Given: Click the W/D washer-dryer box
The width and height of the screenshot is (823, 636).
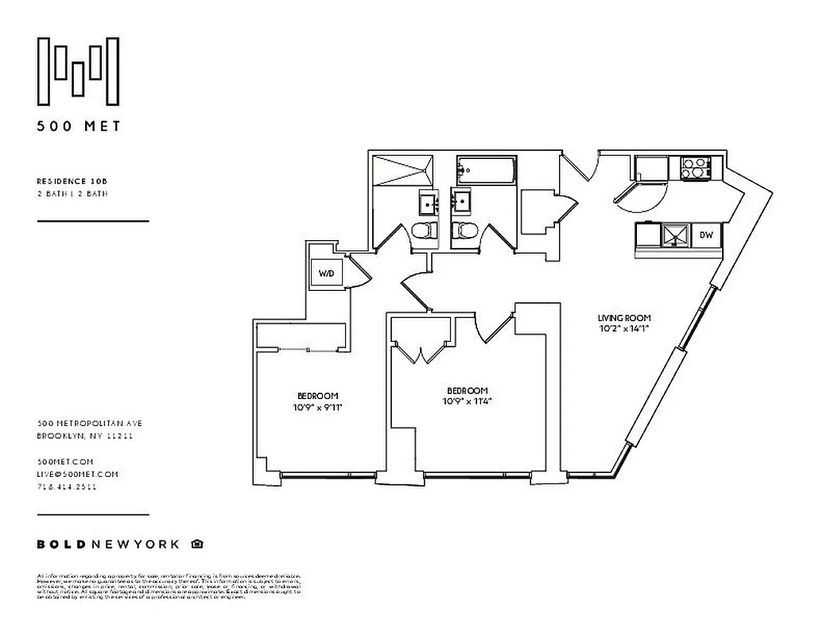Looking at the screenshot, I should (326, 273).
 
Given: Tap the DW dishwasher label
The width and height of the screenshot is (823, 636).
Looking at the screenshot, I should (705, 235).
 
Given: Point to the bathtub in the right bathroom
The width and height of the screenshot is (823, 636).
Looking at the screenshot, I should (485, 169).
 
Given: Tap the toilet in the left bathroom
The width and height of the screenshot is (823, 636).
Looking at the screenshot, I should (425, 231).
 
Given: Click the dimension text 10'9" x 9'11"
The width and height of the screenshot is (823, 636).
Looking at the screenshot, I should (318, 407).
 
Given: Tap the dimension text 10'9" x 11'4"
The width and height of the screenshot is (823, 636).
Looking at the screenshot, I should (467, 401).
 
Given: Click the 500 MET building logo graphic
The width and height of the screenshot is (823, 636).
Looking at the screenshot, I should (80, 71).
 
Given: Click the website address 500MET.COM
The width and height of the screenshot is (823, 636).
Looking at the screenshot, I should (65, 462).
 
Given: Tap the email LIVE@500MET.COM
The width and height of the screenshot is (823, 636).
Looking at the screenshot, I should (77, 475).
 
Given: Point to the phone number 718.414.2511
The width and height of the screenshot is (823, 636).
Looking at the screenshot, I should (68, 487).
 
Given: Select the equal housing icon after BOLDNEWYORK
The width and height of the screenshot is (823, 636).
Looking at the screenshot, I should (197, 545).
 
